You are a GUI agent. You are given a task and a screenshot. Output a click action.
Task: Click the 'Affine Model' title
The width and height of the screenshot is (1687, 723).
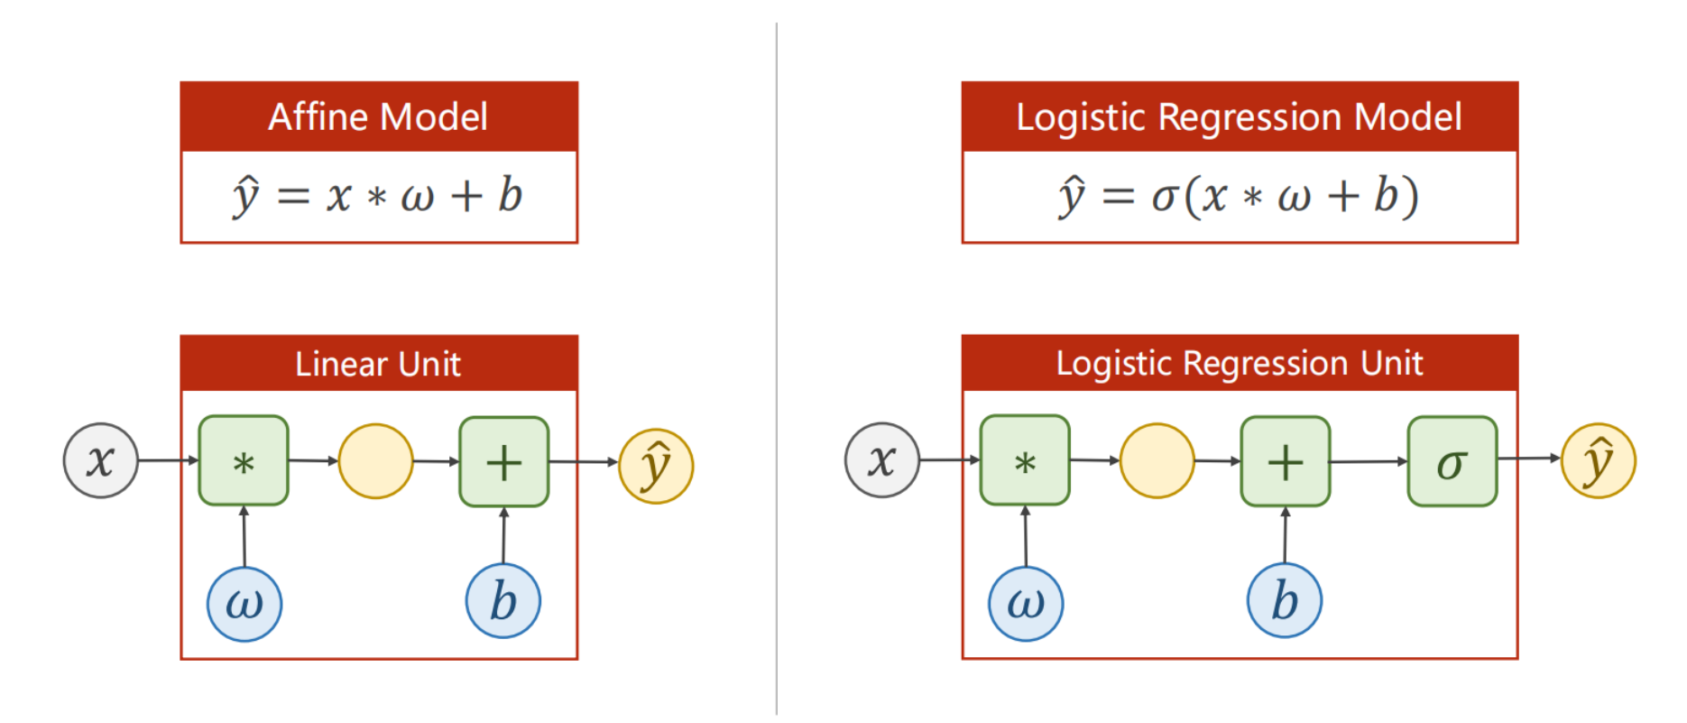tap(378, 117)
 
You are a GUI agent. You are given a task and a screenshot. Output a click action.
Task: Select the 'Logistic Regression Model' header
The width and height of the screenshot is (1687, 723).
tap(1239, 117)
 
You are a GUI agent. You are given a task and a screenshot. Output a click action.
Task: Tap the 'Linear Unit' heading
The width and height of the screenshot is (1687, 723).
tap(378, 364)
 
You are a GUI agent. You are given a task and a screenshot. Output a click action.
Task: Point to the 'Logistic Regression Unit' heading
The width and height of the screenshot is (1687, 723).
tap(1239, 363)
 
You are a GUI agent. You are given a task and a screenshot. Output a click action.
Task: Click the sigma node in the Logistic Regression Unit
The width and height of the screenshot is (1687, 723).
tap(1452, 461)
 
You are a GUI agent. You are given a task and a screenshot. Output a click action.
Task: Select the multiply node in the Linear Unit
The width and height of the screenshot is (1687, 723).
tap(244, 460)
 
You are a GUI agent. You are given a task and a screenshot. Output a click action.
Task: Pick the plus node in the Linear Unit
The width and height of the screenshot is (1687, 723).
tap(504, 461)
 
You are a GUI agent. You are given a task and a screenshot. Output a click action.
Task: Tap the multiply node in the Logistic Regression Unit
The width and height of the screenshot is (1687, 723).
tap(1025, 460)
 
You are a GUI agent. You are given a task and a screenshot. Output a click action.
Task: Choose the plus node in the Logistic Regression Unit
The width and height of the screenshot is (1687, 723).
tap(1286, 461)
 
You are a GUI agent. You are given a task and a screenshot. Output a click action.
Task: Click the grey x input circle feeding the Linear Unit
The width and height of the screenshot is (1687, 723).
tap(101, 460)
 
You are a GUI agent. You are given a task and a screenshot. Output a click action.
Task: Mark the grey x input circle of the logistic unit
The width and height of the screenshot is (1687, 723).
tap(882, 460)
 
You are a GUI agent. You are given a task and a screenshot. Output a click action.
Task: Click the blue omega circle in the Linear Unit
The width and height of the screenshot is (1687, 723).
tap(244, 604)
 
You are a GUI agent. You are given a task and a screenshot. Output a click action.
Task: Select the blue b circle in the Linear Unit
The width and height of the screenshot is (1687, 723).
tap(503, 601)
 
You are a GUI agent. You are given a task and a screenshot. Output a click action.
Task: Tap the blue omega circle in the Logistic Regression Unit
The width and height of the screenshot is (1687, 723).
tap(1026, 604)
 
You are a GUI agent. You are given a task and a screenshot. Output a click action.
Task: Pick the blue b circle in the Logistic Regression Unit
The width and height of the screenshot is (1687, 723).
tap(1285, 600)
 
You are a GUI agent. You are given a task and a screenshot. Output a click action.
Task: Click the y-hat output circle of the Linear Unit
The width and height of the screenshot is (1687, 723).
tap(656, 466)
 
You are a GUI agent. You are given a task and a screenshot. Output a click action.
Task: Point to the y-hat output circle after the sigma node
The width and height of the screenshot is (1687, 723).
tap(1599, 460)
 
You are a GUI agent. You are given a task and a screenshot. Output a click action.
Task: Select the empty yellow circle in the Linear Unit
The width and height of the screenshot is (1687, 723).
tap(376, 461)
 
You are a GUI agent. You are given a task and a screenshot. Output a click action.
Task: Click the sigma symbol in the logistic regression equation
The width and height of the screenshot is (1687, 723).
tap(1165, 197)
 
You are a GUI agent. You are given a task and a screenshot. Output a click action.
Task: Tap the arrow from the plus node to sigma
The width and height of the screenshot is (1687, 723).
tap(1369, 461)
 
